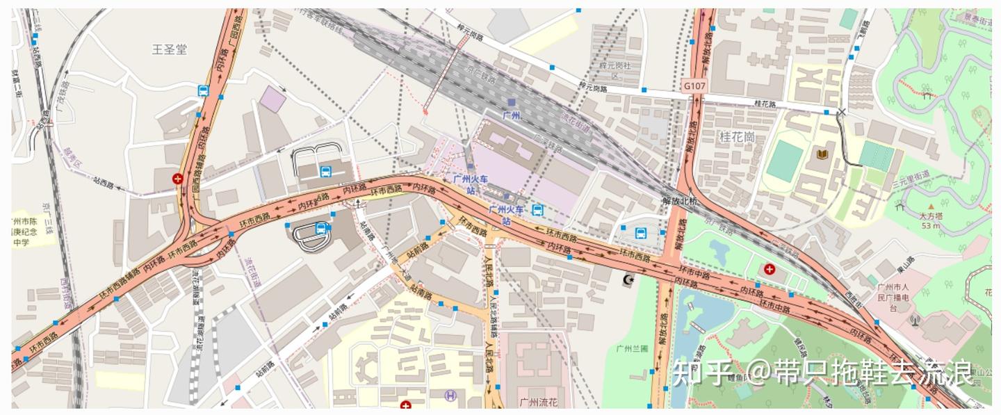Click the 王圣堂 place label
[170, 49]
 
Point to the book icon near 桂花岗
[822, 153]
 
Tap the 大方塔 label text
[931, 216]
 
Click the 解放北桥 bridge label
[679, 201]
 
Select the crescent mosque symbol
[628, 279]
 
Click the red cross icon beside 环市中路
[770, 269]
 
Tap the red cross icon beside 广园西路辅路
[178, 179]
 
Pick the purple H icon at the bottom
[450, 396]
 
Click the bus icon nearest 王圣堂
[203, 90]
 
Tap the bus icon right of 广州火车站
[537, 210]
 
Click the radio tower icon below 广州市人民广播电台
[915, 320]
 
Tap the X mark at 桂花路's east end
[842, 112]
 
